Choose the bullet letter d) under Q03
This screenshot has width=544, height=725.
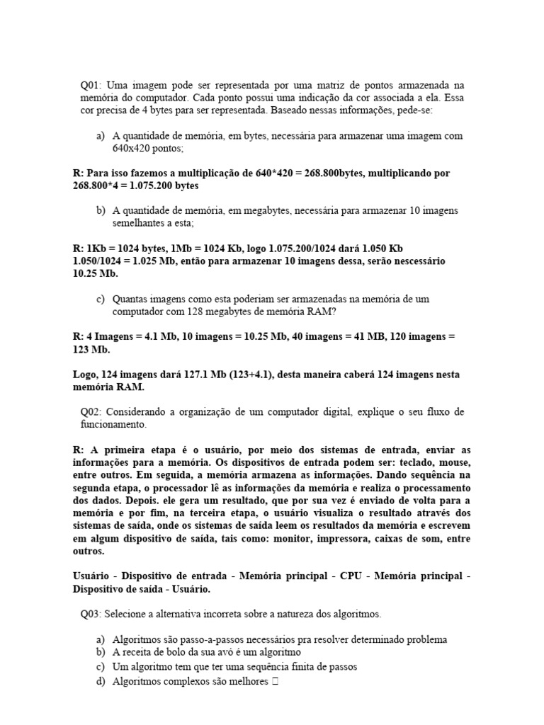[x=100, y=682]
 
